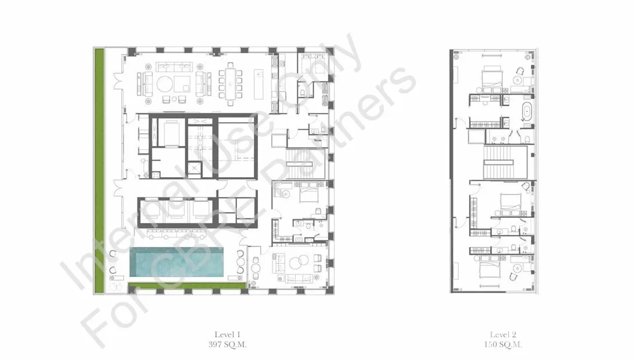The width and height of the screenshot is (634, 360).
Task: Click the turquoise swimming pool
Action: tap(177, 262)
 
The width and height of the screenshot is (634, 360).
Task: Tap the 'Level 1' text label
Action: tap(227, 334)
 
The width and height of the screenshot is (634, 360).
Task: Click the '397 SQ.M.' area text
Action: tap(227, 345)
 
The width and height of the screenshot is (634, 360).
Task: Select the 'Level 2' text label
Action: tap(502, 334)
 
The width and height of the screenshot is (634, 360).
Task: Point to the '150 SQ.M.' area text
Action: tap(502, 345)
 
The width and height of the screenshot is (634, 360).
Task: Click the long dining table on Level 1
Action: tap(230, 84)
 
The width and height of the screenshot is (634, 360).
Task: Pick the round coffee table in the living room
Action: tap(165, 84)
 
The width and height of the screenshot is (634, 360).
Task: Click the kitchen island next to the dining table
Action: tap(258, 84)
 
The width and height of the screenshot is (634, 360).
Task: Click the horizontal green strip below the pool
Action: tap(187, 285)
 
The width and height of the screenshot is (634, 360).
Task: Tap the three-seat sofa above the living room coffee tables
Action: tap(173, 66)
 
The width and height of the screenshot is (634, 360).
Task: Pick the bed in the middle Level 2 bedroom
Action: tap(511, 204)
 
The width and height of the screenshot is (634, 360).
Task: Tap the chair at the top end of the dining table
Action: tap(231, 65)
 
